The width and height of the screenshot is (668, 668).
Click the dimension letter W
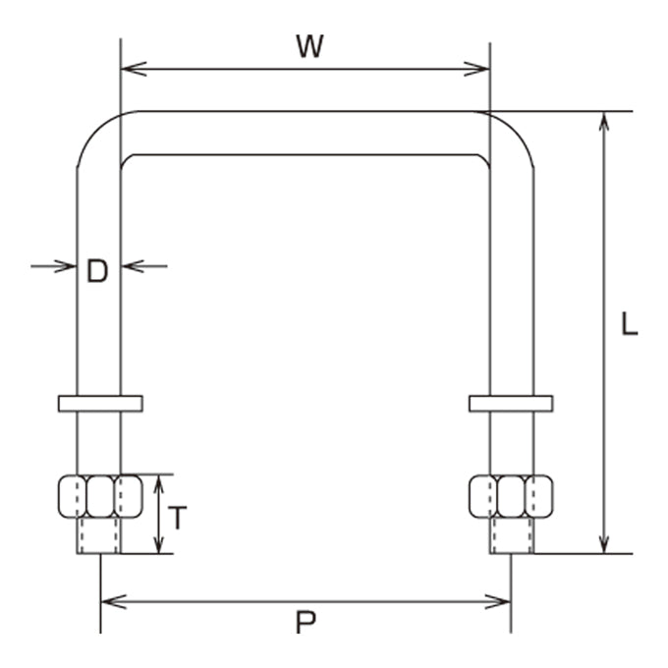coord(310,46)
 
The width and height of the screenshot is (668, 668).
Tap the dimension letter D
coord(97,271)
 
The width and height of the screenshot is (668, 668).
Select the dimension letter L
coord(629,324)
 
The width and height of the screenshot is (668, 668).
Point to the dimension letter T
coord(177,518)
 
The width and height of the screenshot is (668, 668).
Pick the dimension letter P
coord(306,623)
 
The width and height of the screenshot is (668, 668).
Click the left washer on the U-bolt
coord(100,404)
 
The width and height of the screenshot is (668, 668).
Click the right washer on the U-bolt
coord(511,404)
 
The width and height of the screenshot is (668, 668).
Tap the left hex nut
coord(100,496)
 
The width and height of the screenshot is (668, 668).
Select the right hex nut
coord(511,496)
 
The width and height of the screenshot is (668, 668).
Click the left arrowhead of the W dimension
coord(134,69)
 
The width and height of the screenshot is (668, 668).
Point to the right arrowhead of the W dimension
coord(476,69)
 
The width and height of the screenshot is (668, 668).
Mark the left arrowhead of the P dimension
coord(114,602)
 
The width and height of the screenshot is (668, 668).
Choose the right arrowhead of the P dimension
coord(498,602)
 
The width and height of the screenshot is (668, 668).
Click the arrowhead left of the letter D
coord(65,266)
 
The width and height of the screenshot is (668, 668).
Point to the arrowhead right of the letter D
coord(133,266)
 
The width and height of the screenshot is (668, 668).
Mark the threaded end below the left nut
coord(99,536)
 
